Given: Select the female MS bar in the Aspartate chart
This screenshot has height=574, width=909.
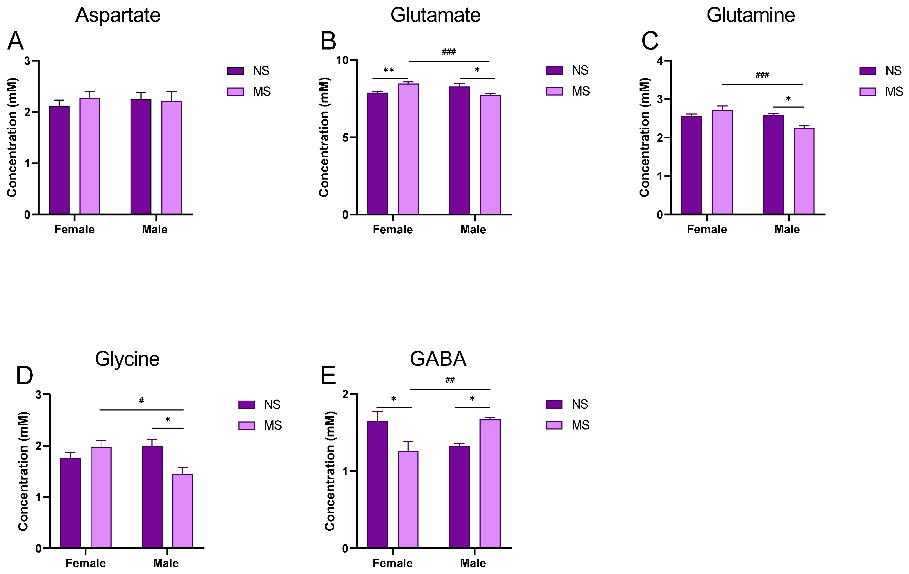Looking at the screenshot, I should [x=90, y=156].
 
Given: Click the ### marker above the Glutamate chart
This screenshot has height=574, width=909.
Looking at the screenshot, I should [x=448, y=52].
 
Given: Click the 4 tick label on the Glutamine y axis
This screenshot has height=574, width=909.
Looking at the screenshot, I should [x=660, y=61].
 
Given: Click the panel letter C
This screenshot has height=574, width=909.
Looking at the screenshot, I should [x=650, y=41].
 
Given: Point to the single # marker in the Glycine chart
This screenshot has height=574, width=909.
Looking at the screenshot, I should [x=141, y=400].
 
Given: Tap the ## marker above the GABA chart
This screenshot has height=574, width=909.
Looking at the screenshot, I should [x=450, y=380].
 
